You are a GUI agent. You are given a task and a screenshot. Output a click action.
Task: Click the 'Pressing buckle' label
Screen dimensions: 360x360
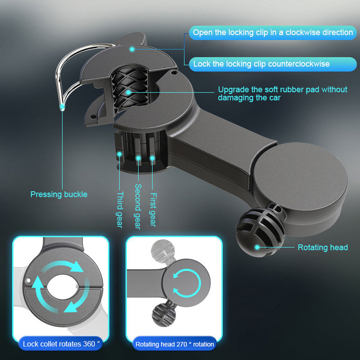[59, 195]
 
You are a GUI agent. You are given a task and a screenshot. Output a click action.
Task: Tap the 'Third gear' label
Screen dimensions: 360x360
[120, 210]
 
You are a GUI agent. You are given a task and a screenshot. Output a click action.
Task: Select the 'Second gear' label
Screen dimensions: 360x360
[138, 206]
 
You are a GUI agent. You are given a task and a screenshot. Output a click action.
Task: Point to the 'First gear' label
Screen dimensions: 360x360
[153, 209]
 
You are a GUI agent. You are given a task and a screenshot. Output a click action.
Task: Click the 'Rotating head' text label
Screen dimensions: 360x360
[323, 247]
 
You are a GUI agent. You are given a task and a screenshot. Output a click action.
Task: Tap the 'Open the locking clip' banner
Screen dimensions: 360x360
[273, 33]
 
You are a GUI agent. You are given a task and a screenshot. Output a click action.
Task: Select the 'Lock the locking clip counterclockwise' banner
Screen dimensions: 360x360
[273, 64]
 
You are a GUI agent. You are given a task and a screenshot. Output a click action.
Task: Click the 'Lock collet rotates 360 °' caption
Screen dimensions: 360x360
[61, 344]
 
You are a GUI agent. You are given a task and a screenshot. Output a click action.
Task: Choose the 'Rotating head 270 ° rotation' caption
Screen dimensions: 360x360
[174, 344]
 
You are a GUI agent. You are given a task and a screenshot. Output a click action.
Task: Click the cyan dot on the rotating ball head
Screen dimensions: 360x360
[257, 247]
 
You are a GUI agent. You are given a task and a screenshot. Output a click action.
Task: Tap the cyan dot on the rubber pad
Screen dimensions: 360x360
[129, 92]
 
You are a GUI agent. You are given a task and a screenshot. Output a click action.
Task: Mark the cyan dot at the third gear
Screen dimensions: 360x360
[119, 154]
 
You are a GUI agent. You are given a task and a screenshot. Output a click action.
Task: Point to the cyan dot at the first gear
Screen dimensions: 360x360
[152, 158]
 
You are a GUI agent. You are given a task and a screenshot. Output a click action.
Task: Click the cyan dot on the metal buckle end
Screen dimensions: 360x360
[62, 107]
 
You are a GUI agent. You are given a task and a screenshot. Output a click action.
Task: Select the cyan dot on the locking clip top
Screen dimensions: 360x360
[132, 49]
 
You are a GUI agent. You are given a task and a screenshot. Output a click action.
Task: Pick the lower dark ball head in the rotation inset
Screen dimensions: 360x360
[164, 315]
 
